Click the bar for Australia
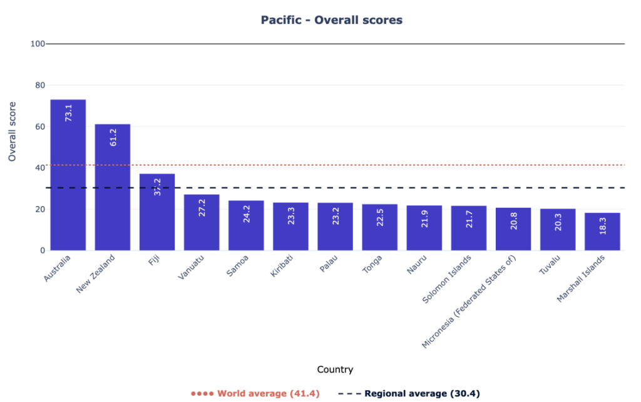pyautogui.click(x=68, y=175)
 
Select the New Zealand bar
pyautogui.click(x=113, y=188)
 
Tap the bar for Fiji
pyautogui.click(x=157, y=213)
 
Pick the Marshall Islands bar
pyautogui.click(x=602, y=232)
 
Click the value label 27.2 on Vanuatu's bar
pyautogui.click(x=202, y=208)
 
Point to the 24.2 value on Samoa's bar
pyautogui.click(x=246, y=214)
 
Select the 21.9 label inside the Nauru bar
pyautogui.click(x=424, y=216)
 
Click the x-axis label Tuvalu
pyautogui.click(x=550, y=266)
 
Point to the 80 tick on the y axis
pyautogui.click(x=39, y=85)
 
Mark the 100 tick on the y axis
pyautogui.click(x=37, y=44)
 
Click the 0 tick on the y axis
pyautogui.click(x=43, y=250)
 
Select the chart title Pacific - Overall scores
pyautogui.click(x=331, y=20)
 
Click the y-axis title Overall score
pyautogui.click(x=12, y=131)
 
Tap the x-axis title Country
pyautogui.click(x=335, y=369)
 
